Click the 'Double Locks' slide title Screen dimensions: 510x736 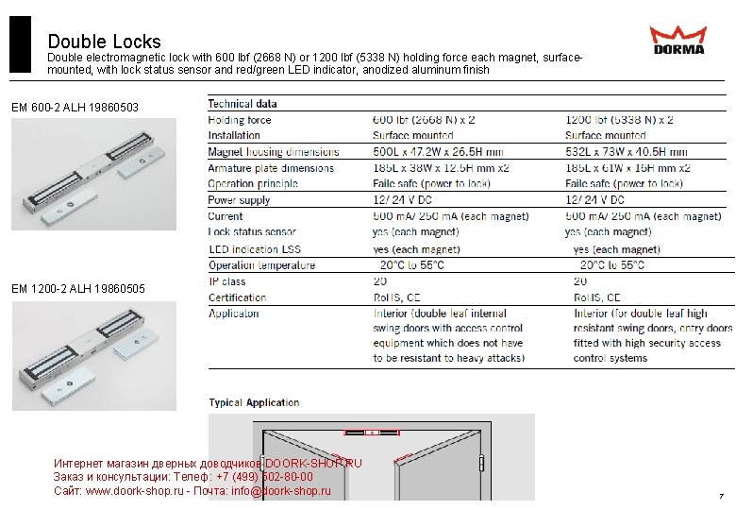(x=104, y=42)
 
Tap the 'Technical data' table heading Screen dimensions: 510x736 (x=243, y=104)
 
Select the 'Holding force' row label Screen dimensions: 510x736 (x=240, y=120)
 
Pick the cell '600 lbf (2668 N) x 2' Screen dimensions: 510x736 (x=424, y=120)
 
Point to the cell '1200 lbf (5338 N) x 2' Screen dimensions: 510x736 (x=619, y=120)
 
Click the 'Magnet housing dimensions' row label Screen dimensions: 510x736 (x=274, y=152)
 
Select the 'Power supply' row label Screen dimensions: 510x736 (x=239, y=200)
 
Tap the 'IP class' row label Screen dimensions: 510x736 (x=227, y=281)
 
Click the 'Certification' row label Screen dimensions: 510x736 (x=237, y=297)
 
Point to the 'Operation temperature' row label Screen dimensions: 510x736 (x=262, y=265)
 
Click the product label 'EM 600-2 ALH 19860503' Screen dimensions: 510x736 (x=75, y=109)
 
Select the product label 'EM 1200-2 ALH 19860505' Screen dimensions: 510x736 (x=78, y=288)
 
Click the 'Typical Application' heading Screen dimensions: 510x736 (x=254, y=402)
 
